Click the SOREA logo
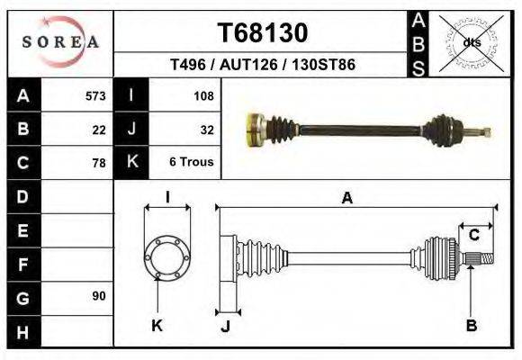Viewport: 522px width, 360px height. pos(60,41)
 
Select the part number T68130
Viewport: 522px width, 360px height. pos(263,33)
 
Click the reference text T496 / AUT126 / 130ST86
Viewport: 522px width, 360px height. pos(263,66)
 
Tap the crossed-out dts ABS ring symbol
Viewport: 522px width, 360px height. pos(471,41)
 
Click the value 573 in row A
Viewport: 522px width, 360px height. pos(94,95)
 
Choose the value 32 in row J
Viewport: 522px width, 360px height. pos(206,129)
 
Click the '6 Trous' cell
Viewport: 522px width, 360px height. pos(191,163)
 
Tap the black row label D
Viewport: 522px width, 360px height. pos(22,196)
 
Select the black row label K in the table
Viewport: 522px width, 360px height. pos(131,162)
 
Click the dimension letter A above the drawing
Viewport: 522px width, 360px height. pos(346,199)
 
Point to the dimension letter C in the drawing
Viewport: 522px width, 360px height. pos(473,235)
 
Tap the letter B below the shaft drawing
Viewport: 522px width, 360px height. pos(471,326)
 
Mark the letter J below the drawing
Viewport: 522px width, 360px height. pos(226,327)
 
